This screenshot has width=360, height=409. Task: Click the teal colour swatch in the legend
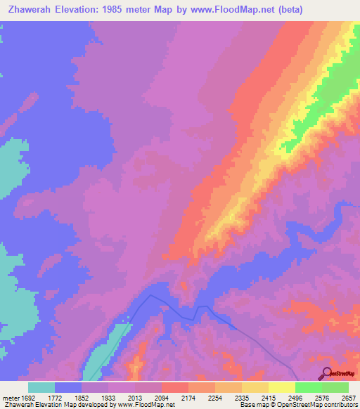[x=41, y=387]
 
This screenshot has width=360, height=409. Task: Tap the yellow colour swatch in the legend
[x=281, y=387]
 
